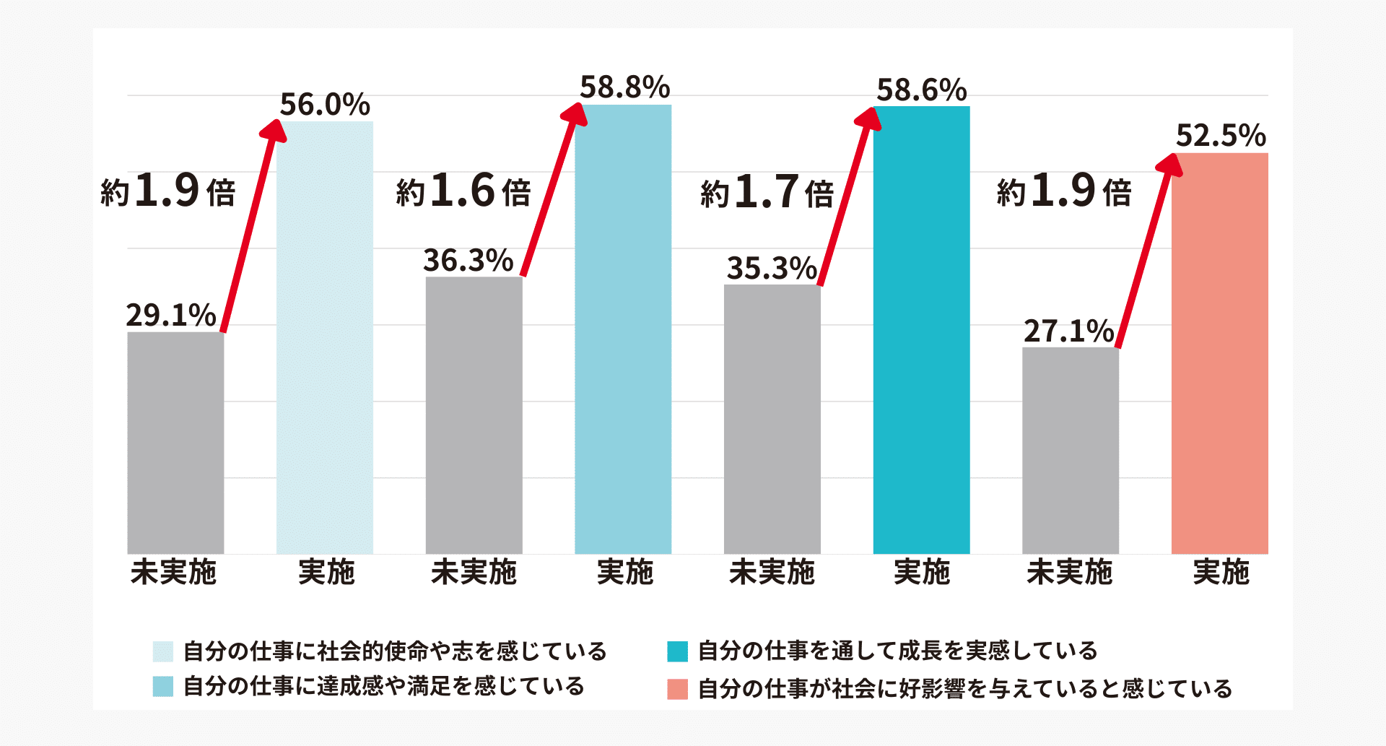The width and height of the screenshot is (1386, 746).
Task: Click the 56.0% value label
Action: point(325,105)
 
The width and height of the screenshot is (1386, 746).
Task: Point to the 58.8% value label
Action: point(625,88)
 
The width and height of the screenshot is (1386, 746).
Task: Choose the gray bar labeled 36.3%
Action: point(474,415)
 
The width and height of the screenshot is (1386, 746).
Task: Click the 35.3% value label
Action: point(772,269)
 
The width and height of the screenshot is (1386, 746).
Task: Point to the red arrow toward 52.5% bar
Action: point(1149,253)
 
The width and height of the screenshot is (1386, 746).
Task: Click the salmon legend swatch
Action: point(677,689)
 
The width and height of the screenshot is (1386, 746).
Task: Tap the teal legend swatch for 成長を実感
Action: point(677,651)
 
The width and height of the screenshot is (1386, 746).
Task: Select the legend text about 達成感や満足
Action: point(383,686)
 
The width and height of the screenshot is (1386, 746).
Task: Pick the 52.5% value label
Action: point(1221,136)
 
